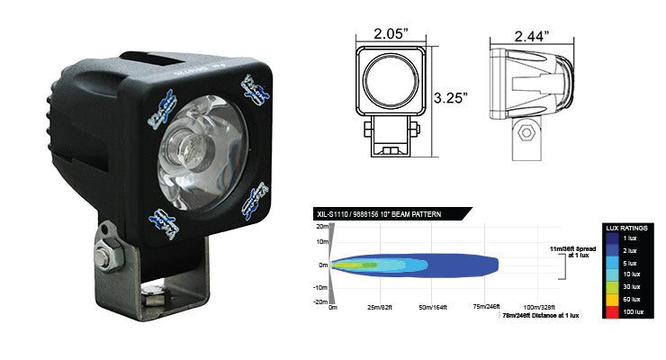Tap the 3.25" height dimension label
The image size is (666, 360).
point(450,96)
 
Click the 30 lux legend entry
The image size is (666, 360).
point(630,287)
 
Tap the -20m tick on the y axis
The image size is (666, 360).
point(319,302)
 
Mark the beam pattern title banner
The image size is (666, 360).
point(388,214)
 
